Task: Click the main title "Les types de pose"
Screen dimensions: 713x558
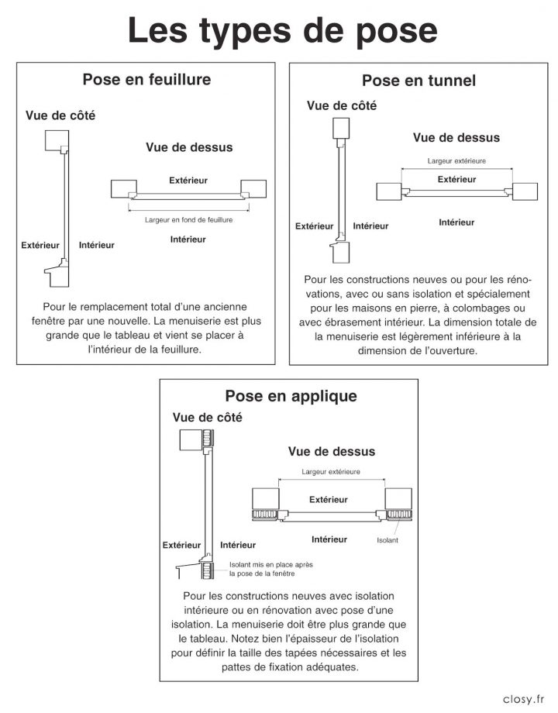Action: point(283,31)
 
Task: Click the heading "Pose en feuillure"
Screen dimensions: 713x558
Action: point(146,79)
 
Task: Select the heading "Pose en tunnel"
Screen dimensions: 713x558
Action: point(418,81)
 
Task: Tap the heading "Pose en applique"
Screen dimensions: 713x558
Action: point(291,396)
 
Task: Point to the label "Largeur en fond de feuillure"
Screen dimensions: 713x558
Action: point(188,219)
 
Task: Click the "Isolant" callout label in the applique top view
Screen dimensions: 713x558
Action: point(387,540)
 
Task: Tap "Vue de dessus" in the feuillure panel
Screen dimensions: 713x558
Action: point(189,146)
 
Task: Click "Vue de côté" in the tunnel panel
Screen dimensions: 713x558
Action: point(342,105)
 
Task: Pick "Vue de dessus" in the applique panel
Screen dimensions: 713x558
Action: point(332,451)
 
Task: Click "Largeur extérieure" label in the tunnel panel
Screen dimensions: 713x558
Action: point(456,161)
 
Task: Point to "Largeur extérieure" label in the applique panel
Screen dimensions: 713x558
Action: point(331,472)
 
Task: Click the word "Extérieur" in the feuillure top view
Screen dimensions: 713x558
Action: point(188,180)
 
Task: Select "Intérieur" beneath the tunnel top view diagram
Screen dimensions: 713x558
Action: point(456,222)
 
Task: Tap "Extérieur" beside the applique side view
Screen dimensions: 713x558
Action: point(181,545)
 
